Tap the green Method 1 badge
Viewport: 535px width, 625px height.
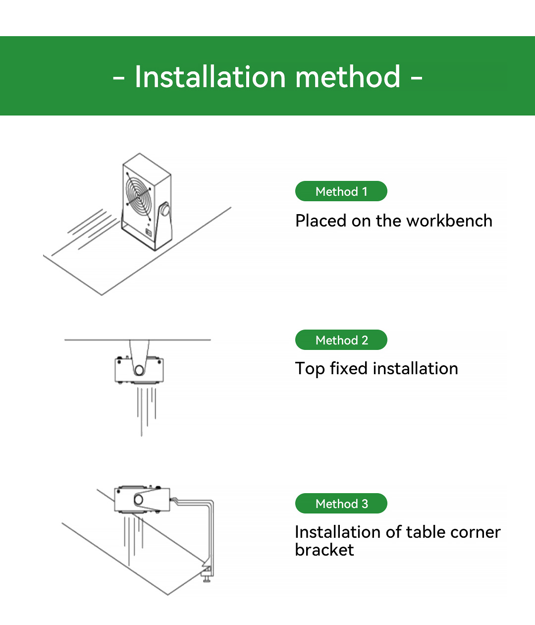point(341,191)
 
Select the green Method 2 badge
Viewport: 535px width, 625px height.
point(341,340)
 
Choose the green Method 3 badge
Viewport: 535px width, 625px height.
point(341,504)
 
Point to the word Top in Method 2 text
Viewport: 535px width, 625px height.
point(310,369)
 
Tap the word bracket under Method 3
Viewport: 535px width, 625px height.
point(324,550)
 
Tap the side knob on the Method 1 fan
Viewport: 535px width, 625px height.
point(165,210)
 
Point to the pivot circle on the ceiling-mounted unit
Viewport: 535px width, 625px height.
point(139,370)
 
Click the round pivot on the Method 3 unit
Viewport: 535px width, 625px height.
point(139,500)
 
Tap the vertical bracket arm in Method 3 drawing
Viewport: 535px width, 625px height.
point(213,535)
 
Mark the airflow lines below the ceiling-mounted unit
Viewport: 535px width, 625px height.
point(146,409)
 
